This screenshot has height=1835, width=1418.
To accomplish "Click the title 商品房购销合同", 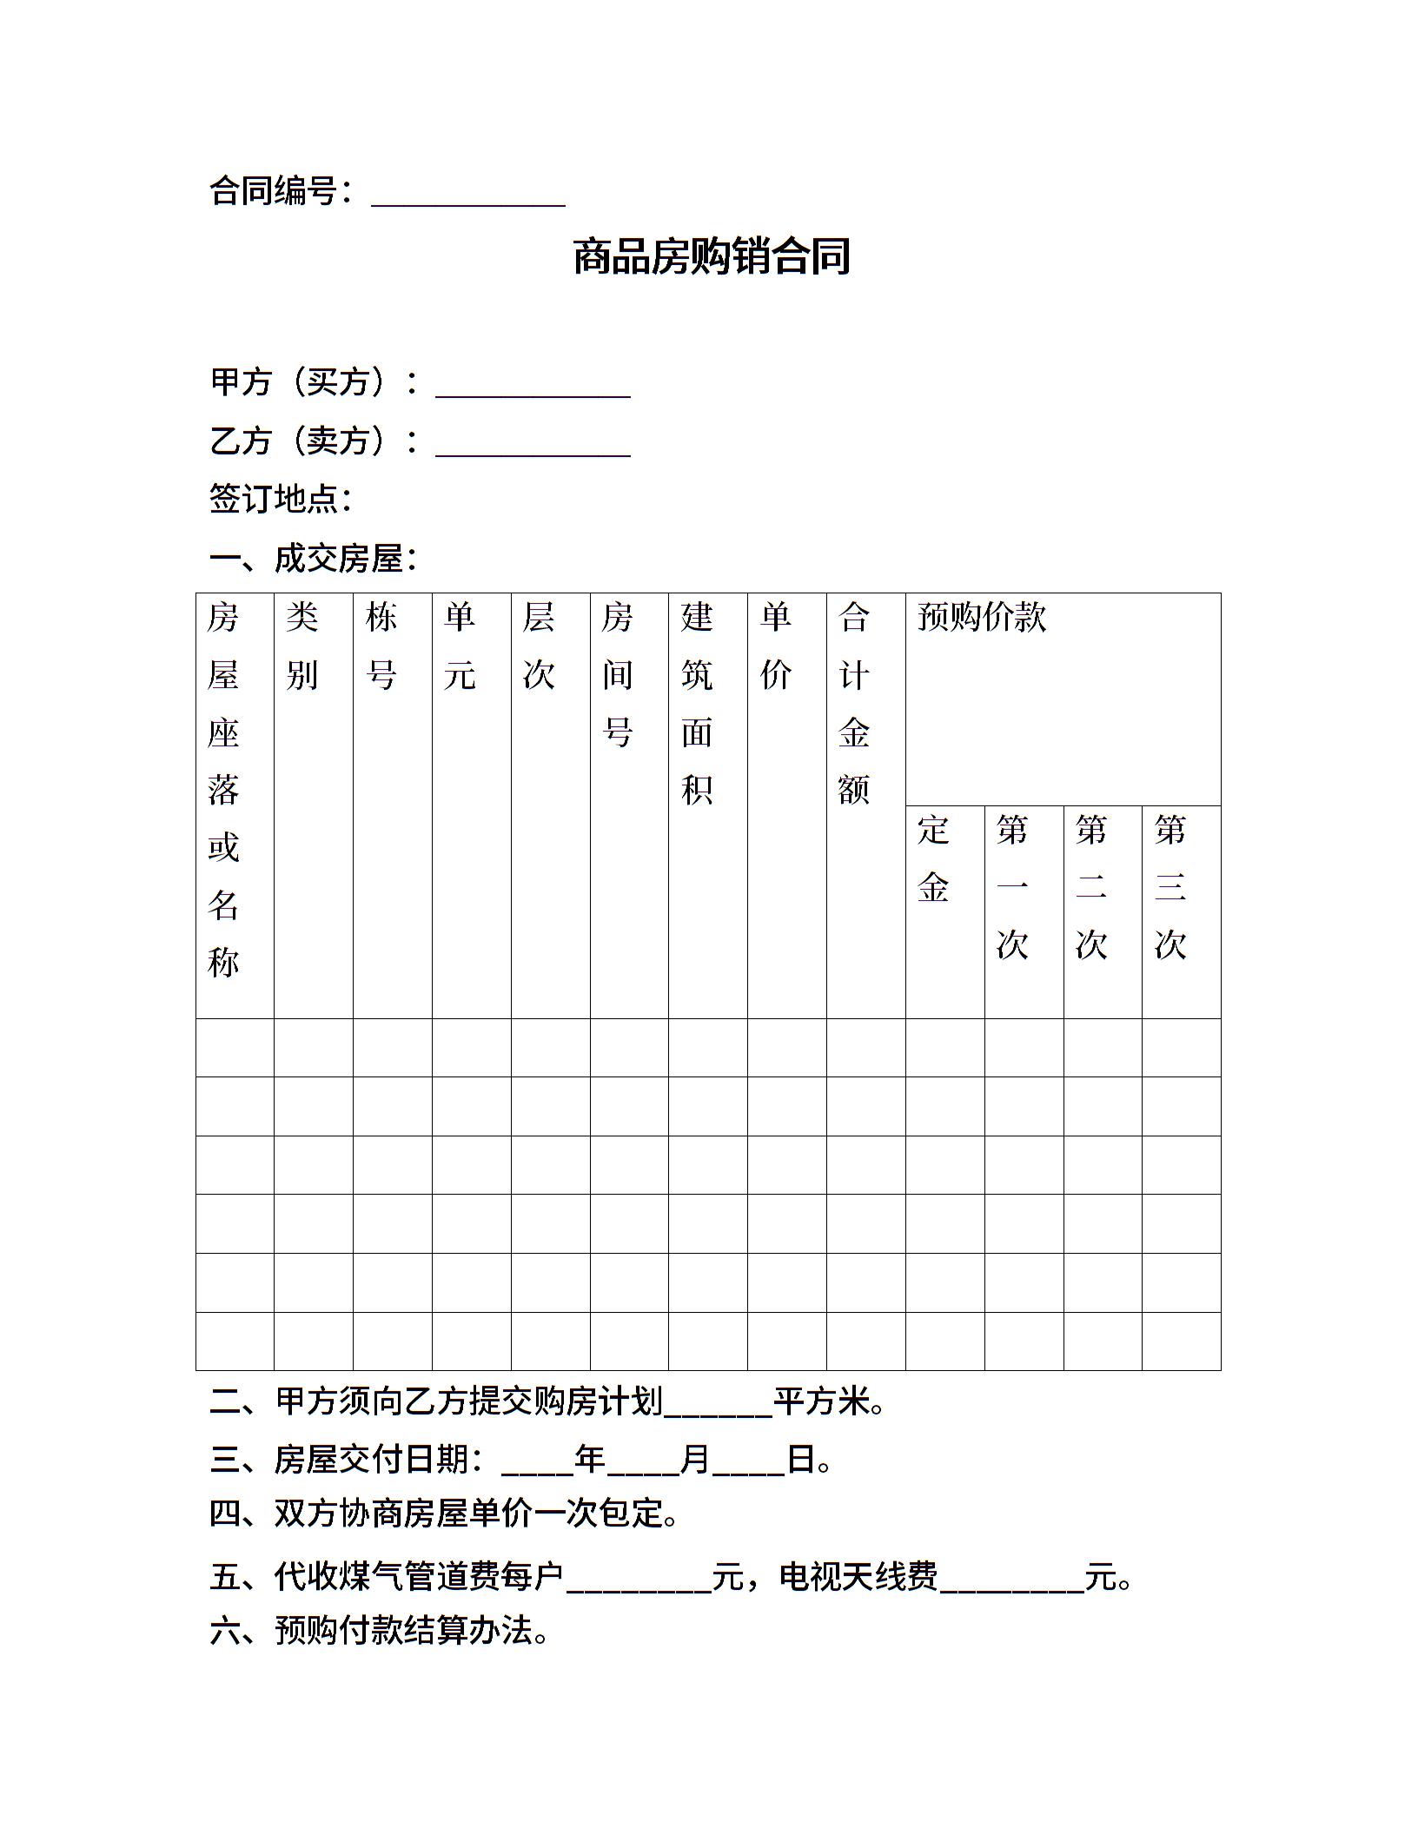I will click(711, 257).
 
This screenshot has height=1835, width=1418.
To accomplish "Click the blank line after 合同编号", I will click(468, 196).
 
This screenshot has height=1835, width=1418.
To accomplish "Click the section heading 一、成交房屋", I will click(313, 559).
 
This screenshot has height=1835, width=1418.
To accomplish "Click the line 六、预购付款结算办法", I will click(380, 1631).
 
